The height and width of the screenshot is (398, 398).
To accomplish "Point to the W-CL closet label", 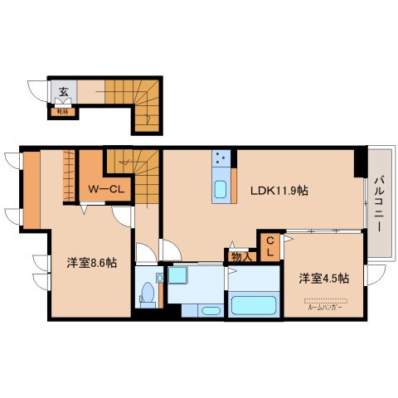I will (x=106, y=189).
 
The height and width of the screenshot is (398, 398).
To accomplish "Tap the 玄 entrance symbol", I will (x=63, y=92).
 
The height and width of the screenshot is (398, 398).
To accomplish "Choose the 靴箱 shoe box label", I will (x=62, y=108).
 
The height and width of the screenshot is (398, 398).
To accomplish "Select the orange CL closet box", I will (x=269, y=246).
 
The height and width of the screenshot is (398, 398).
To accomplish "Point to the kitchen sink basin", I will (x=221, y=190).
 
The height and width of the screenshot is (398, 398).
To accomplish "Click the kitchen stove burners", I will (x=221, y=158).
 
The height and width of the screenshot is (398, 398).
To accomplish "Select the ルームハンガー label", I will (x=325, y=307).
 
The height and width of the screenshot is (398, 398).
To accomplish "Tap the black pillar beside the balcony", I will (x=360, y=163).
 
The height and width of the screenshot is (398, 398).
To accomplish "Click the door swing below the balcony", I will (x=375, y=274).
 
